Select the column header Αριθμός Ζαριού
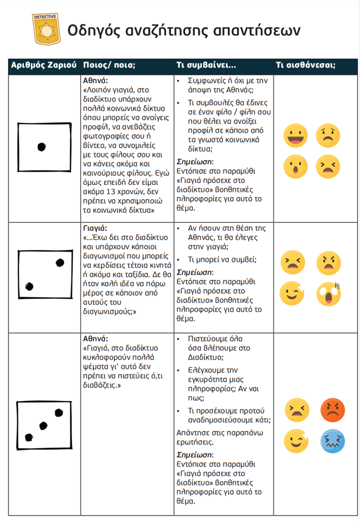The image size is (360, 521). pos(43,65)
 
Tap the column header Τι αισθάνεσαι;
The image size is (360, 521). pos(305,65)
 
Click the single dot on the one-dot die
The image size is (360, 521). pos(41,147)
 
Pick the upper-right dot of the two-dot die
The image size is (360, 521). pos(59,263)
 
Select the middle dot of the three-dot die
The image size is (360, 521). pos(44,426)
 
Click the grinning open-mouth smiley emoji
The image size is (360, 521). pos(295,135)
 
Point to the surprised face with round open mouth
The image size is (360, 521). pos(295,166)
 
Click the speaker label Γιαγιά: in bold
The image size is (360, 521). pos(95,228)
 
